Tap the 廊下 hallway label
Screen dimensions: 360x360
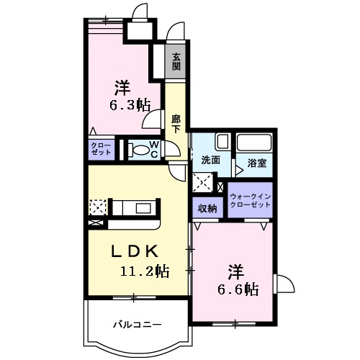176,122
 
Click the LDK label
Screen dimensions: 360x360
133,252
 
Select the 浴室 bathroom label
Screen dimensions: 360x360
256,163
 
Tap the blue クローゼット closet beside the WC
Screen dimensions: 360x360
99,150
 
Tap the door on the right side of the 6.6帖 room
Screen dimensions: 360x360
282,286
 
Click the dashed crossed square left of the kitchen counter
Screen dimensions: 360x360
97,208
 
